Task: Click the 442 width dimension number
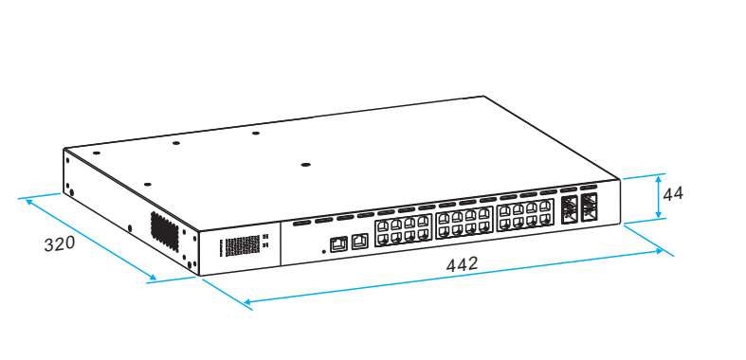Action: click(462, 264)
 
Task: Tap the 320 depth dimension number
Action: click(60, 243)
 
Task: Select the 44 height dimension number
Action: click(673, 193)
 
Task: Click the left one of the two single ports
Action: click(338, 242)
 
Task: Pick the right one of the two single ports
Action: click(359, 241)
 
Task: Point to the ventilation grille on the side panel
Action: click(165, 230)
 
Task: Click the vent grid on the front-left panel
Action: click(240, 246)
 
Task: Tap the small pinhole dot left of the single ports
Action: click(324, 251)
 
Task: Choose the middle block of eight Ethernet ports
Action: click(464, 224)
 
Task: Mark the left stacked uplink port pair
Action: click(570, 208)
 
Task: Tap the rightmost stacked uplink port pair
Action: click(589, 206)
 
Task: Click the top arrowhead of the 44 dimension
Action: click(659, 178)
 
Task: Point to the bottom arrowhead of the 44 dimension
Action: click(659, 217)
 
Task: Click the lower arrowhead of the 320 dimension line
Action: click(152, 279)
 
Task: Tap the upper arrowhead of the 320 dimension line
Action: click(28, 200)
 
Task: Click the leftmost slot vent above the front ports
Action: click(301, 224)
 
